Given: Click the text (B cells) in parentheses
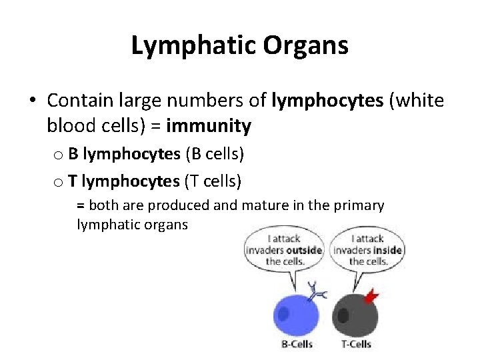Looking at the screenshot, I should tap(215, 155).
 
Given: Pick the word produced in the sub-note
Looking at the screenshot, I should tap(153, 205).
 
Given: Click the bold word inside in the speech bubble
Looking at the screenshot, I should tap(387, 250).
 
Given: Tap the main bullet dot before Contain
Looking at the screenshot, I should tap(32, 101).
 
